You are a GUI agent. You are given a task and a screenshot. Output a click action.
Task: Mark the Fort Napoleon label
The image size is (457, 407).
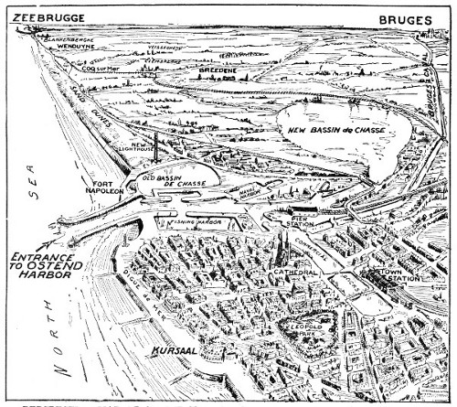pos(99,183)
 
